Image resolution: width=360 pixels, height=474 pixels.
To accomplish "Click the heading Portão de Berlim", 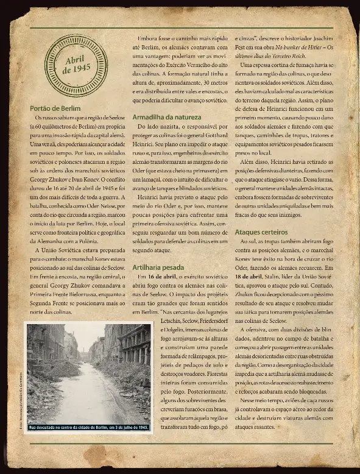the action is click(x=55, y=108).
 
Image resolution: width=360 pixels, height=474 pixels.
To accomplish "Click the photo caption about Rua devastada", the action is click(x=88, y=426).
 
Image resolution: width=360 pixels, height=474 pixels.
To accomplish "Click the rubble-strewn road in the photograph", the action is click(x=88, y=396).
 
